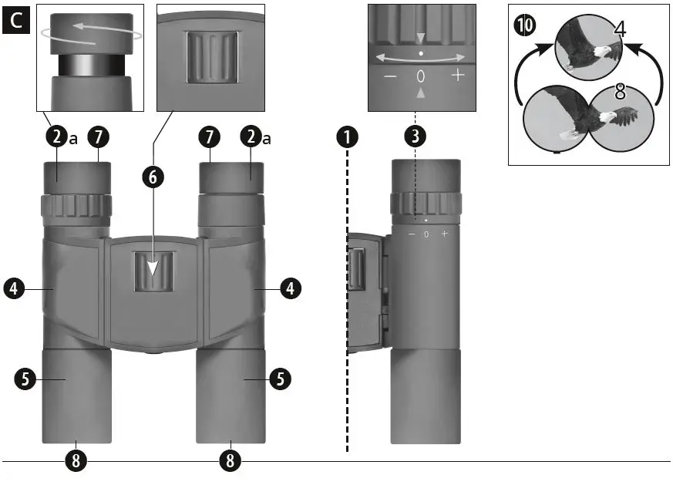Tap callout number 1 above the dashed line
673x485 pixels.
coord(348,138)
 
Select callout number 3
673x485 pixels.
coord(415,138)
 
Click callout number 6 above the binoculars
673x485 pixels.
coord(153,177)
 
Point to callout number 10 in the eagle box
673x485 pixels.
coord(524,25)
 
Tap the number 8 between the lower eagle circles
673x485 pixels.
coord(619,94)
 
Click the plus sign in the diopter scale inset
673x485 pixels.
coord(458,76)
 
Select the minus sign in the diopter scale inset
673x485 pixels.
coord(390,76)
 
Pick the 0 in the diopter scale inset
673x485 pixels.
coord(421,76)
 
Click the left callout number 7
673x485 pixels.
coord(98,138)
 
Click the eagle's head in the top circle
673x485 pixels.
coord(606,52)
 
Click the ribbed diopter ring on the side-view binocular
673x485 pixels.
coord(426,204)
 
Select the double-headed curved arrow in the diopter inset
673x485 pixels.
coord(420,56)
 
